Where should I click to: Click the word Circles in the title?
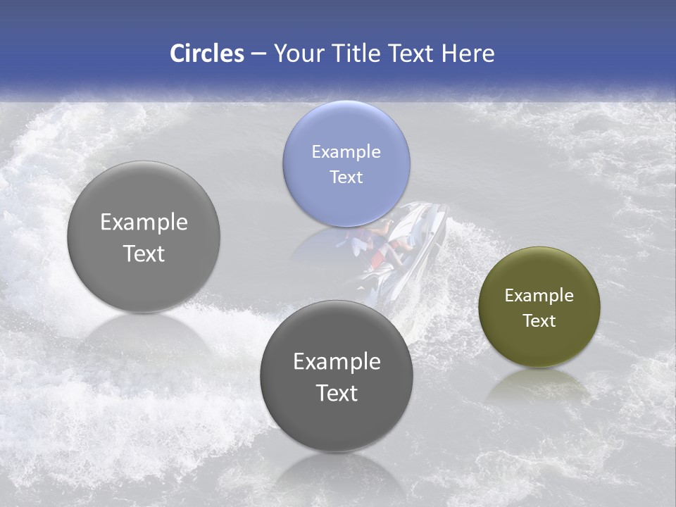pyautogui.click(x=206, y=54)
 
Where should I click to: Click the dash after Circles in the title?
pyautogui.click(x=258, y=54)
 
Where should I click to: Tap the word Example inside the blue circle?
pyautogui.click(x=346, y=151)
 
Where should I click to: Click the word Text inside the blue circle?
pyautogui.click(x=346, y=177)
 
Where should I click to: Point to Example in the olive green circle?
pyautogui.click(x=539, y=296)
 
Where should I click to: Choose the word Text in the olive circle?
pyautogui.click(x=539, y=321)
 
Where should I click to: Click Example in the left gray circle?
pyautogui.click(x=144, y=223)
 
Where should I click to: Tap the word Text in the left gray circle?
pyautogui.click(x=144, y=254)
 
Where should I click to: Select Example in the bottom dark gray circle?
pyautogui.click(x=337, y=362)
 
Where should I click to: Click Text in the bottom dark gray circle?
pyautogui.click(x=337, y=393)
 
